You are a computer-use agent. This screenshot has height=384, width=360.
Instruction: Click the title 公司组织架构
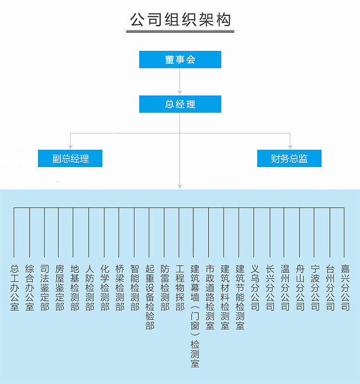coord(180,20)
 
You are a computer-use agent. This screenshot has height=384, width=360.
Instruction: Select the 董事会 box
coord(180,59)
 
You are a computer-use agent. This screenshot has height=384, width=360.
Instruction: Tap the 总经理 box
coord(180,104)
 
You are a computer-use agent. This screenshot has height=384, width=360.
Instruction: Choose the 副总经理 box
coord(70,159)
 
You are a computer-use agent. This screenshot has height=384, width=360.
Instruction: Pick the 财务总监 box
coord(289,159)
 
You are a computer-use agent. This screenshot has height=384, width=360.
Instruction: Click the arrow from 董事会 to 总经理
coord(180,82)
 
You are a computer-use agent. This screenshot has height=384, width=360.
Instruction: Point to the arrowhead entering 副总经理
coord(70,147)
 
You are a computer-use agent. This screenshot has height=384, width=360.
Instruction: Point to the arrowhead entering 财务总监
coord(290,147)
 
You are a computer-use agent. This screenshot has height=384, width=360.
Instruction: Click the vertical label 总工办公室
coord(14,288)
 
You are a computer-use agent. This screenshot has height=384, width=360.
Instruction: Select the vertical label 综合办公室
coord(29,288)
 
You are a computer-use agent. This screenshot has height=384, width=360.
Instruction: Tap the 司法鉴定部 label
coord(45,288)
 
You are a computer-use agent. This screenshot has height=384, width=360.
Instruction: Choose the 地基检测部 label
coord(75,288)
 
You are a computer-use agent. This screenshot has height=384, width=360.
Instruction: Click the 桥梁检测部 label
coord(120,288)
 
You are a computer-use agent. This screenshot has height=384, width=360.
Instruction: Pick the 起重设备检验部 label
coord(150,298)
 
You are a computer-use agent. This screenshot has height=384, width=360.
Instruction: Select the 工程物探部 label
coord(180,288)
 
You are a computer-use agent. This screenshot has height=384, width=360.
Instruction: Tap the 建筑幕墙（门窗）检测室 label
coord(195,316)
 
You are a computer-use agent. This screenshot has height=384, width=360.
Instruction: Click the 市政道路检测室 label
coord(210,298)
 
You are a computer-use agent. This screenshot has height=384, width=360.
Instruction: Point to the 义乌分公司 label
coord(255,288)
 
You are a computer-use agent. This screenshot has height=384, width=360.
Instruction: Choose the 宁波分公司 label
coord(315,288)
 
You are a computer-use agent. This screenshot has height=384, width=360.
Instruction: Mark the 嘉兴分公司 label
coord(345,288)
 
